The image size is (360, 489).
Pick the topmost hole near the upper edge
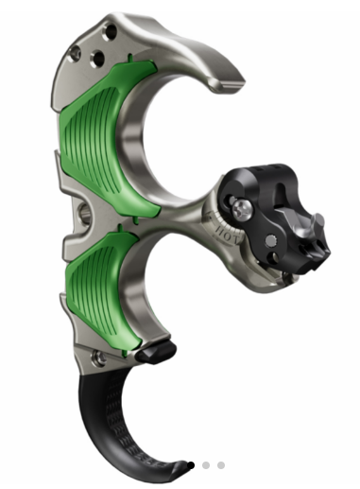click(x=111, y=32)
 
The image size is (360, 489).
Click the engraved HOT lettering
click(x=224, y=228)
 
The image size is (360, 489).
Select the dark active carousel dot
click(x=191, y=465)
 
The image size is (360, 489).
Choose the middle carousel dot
click(x=206, y=465)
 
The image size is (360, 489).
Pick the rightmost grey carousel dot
click(x=221, y=465)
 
